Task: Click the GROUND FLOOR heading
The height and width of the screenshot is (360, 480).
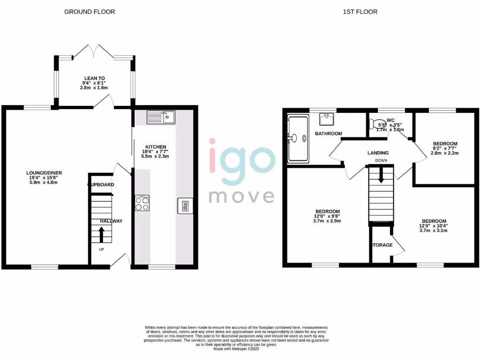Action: pos(90,11)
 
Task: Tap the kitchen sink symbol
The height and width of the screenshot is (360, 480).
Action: pos(160,117)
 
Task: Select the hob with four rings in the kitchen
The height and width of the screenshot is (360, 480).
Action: pos(142,203)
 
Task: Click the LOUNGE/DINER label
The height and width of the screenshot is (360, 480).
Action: pos(44,173)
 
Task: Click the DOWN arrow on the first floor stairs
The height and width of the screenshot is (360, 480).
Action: pos(381,175)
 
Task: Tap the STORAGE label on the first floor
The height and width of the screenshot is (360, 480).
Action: pos(382,245)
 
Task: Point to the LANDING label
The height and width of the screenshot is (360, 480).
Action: pos(377,153)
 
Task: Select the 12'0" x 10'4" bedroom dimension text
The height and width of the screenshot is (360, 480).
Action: pos(434,226)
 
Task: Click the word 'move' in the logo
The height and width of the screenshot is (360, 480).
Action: pos(241,195)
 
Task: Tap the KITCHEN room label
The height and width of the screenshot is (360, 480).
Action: pos(155,147)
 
